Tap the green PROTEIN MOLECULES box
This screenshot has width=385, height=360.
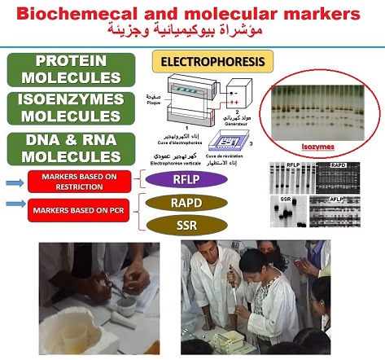(x=72, y=69)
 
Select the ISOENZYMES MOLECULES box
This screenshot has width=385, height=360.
(x=72, y=108)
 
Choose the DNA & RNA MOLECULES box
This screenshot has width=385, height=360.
(x=72, y=147)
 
